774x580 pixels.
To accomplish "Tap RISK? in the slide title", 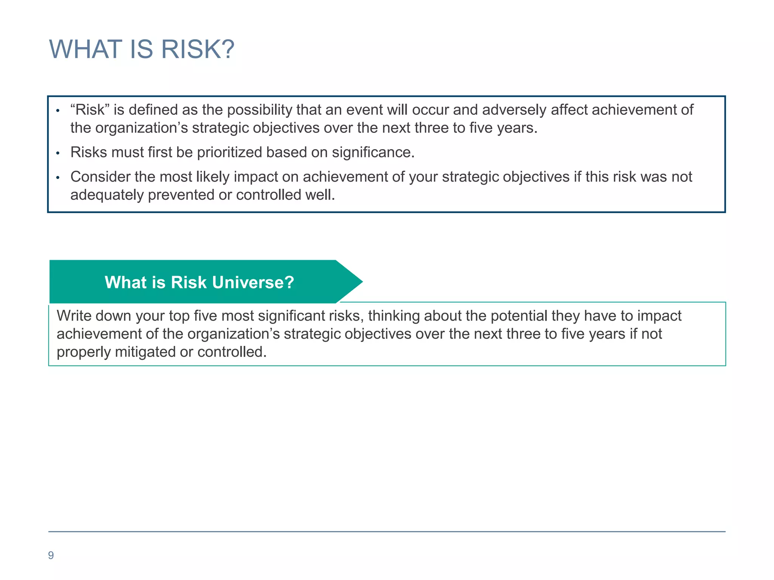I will [x=197, y=49].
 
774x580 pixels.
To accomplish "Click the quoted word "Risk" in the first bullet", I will [x=90, y=110].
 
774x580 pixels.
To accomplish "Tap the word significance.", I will [x=373, y=153].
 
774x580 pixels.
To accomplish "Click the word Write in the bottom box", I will [x=74, y=316].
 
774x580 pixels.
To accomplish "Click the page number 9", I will [x=51, y=555].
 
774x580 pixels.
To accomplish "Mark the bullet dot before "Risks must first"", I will [x=58, y=153].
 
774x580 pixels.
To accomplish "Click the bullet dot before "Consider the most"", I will [x=58, y=178].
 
